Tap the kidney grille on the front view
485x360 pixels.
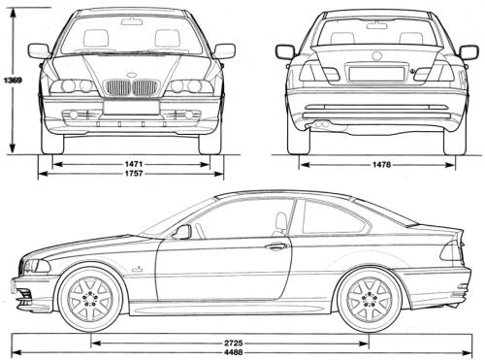[x=131, y=88]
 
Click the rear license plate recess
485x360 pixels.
[x=370, y=74]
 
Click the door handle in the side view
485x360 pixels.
[x=278, y=246]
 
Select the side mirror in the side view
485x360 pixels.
[x=182, y=232]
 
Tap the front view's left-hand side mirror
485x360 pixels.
[x=39, y=50]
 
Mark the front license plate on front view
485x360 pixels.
[x=131, y=107]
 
